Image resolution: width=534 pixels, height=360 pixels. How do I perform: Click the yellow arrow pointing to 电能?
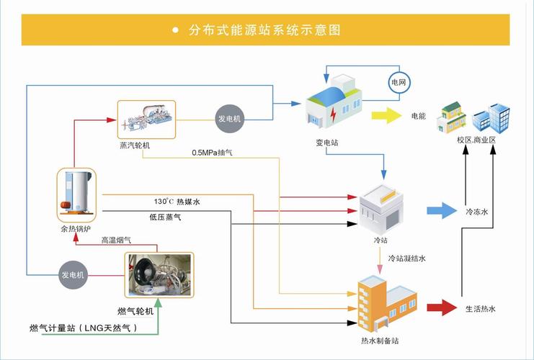tap(386, 115)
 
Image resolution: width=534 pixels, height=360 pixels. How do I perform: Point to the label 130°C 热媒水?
tap(177, 202)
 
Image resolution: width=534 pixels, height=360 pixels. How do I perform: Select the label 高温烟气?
tap(116, 240)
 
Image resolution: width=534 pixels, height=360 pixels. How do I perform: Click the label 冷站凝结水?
tap(411, 257)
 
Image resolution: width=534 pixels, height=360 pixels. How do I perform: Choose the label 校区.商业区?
tap(476, 140)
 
